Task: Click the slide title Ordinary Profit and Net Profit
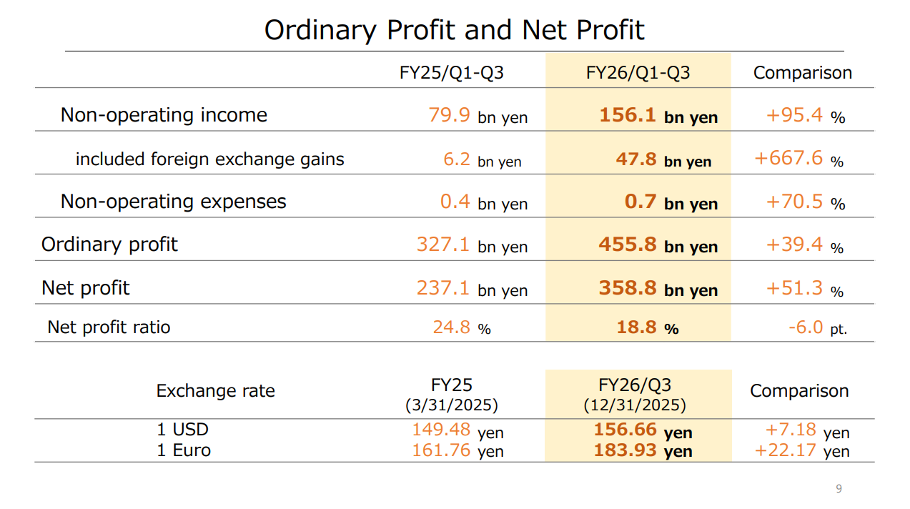point(454,30)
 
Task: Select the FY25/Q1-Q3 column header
point(452,73)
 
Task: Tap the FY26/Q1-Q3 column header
point(638,73)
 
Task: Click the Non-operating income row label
point(164,115)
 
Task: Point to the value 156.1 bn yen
point(658,116)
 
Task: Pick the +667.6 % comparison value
point(798,159)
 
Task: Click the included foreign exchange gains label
point(209,159)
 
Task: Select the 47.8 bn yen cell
point(663,159)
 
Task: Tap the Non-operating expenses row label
point(173,202)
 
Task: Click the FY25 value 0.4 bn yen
point(483,202)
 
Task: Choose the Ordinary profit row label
point(109,244)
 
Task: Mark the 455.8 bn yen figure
point(658,245)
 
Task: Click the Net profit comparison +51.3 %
point(804,289)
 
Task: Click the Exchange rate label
point(215,391)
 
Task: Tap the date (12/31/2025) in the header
point(635,405)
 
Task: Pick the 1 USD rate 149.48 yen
point(458,430)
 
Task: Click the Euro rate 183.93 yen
point(643,451)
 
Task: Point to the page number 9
point(839,489)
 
